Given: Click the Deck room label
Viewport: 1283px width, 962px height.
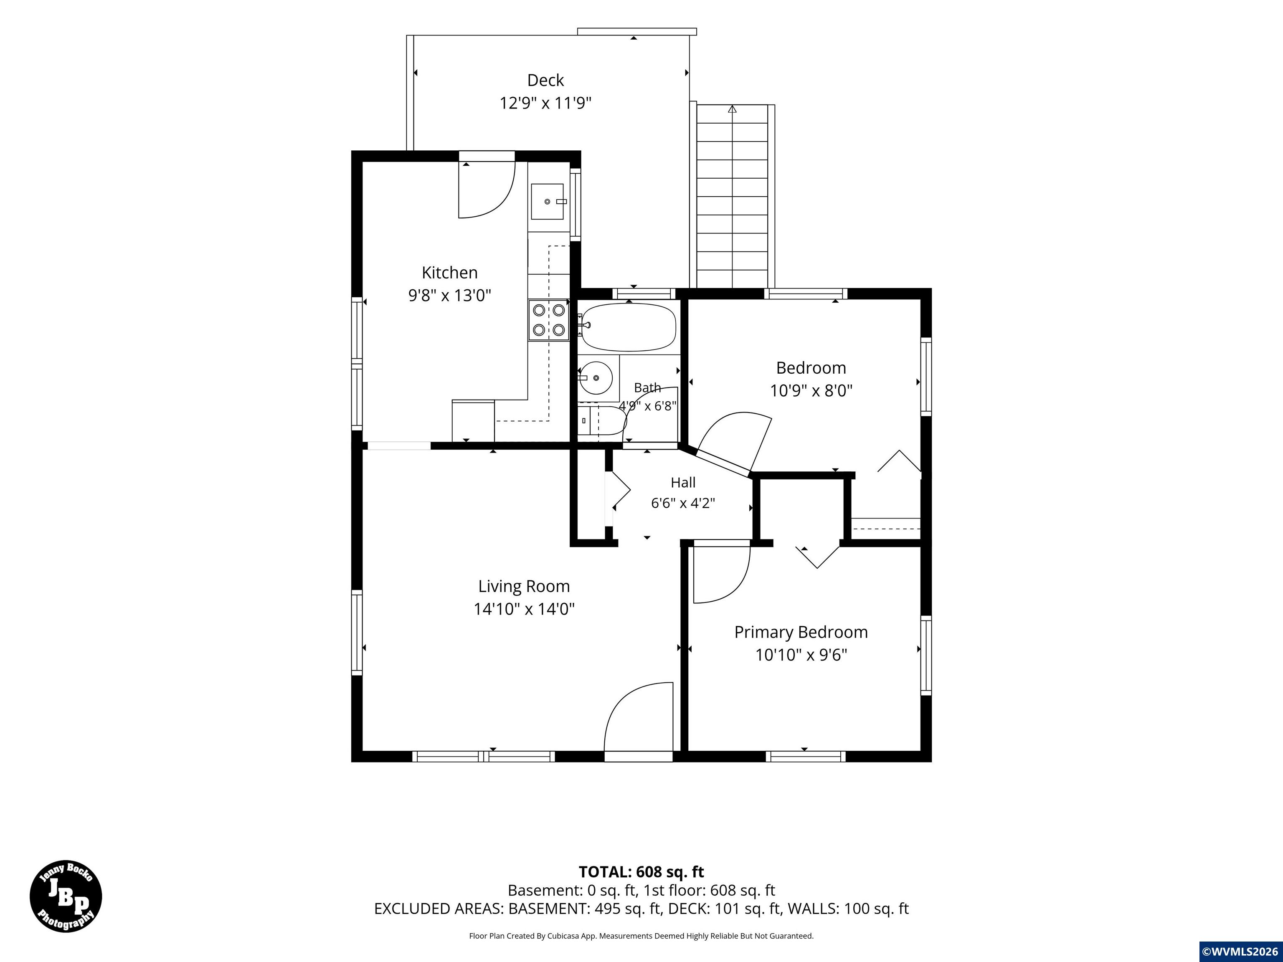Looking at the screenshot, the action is point(545,80).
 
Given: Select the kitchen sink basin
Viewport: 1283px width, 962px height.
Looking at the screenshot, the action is point(547,201).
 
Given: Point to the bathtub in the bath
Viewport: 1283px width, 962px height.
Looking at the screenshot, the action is point(629,327).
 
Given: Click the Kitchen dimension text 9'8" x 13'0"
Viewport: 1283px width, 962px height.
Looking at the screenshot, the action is point(449,295).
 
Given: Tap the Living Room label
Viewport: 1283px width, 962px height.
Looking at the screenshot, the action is point(524,586).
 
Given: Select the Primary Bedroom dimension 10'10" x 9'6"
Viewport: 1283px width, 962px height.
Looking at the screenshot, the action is point(801,655).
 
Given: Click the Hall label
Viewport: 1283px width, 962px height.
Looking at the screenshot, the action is point(683,482).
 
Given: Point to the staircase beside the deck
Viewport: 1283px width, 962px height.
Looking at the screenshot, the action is point(733,196).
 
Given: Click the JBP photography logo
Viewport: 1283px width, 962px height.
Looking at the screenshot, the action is point(66,896).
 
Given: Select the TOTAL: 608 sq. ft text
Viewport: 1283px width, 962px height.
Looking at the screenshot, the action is point(641,871).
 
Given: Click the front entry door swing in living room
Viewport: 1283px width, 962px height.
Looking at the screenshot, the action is point(638,718).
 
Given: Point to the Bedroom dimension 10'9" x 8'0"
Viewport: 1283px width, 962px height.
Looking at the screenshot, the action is point(811,390).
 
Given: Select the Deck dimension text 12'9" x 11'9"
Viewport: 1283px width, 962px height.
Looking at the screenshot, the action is point(545,103).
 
